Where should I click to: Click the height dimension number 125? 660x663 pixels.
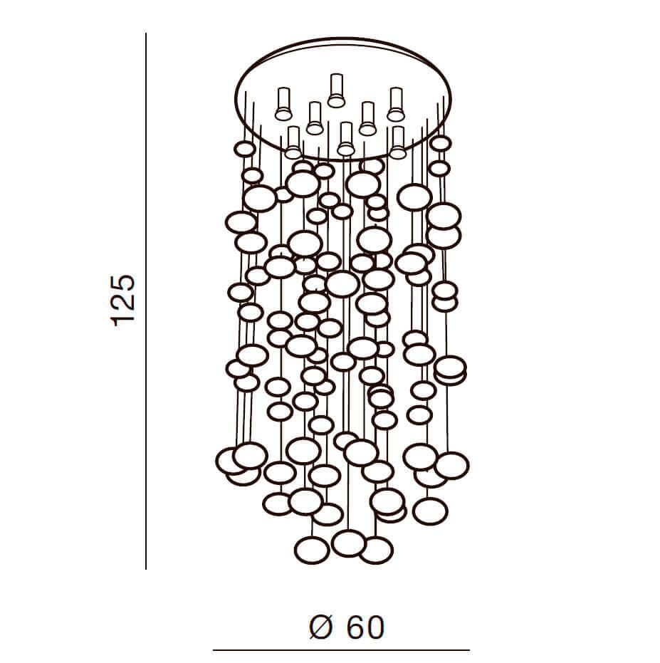[x=123, y=301]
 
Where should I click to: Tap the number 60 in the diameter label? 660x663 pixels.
[x=366, y=627]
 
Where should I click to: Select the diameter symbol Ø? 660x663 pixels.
[x=320, y=627]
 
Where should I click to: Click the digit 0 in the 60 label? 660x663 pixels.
[x=375, y=627]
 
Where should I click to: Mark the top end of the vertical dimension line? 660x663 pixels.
[x=146, y=33]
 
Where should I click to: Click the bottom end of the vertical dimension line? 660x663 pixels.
[x=146, y=569]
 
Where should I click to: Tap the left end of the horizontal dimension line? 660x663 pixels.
[x=213, y=650]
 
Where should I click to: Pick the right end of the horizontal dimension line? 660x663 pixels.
[x=469, y=650]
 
